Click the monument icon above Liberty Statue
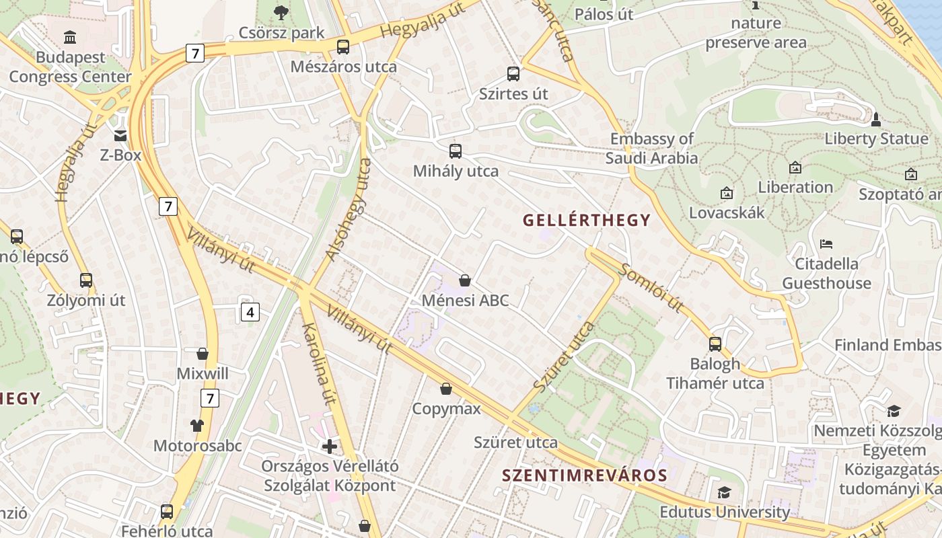click(875, 120)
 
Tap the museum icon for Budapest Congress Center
click(70, 37)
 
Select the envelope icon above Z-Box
click(120, 136)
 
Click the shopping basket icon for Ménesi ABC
click(464, 280)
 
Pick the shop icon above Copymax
click(446, 389)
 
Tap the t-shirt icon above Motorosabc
click(196, 425)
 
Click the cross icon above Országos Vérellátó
click(330, 446)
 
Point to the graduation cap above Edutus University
click(724, 493)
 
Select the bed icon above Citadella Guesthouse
click(826, 243)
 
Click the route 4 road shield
click(250, 312)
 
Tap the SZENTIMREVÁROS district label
click(584, 475)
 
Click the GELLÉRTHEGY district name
click(586, 220)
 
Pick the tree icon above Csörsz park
click(281, 12)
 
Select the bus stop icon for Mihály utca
click(456, 151)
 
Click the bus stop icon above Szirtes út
click(513, 74)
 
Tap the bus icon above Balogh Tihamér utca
click(715, 344)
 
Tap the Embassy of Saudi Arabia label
click(651, 149)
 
